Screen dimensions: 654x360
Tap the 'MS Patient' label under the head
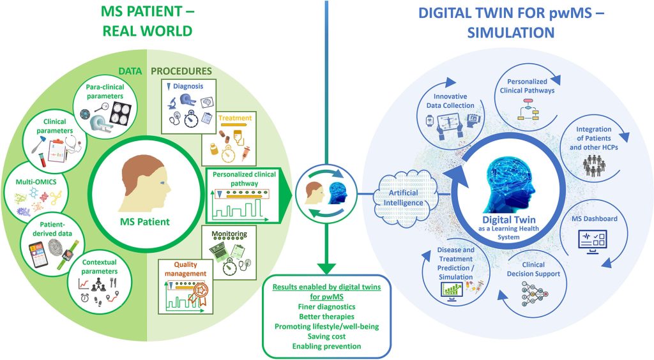[145, 221]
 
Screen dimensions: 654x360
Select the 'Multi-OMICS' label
[36, 182]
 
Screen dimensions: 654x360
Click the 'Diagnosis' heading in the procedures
[188, 86]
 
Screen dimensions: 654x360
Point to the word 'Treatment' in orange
[235, 118]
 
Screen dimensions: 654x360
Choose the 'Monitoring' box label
[229, 234]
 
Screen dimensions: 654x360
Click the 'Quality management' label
[185, 269]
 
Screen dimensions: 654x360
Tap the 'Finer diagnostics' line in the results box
[326, 306]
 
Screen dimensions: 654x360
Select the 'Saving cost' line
[326, 336]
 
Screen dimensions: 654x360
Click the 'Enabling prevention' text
[326, 346]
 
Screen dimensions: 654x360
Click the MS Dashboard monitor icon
[593, 241]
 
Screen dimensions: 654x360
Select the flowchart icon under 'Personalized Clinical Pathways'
[528, 110]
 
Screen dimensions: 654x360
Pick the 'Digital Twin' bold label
[509, 220]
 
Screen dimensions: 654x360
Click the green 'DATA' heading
[130, 71]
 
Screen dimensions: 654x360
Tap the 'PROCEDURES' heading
[181, 71]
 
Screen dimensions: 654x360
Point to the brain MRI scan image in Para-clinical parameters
[121, 114]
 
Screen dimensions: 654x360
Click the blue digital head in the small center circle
[337, 193]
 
